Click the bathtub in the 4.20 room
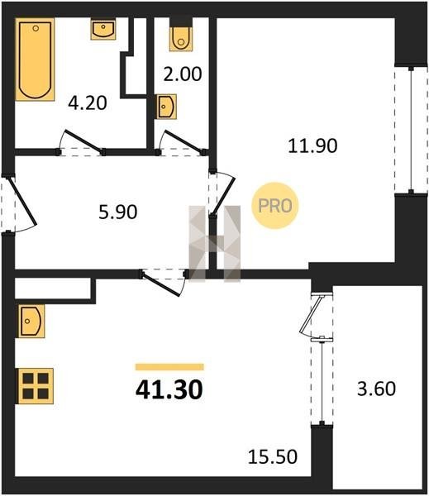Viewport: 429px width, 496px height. [x=35, y=60]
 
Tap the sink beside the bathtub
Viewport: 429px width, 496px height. [x=103, y=29]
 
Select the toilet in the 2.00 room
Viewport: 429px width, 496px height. [x=181, y=35]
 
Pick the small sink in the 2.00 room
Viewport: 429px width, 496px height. [x=166, y=107]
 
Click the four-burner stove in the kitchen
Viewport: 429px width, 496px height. [x=36, y=385]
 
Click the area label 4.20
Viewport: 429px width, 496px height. [x=88, y=103]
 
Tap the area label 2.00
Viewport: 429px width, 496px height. [x=182, y=74]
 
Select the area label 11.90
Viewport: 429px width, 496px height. [x=312, y=145]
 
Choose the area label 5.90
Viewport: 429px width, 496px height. [x=118, y=212]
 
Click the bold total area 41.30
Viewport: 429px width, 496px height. [x=169, y=389]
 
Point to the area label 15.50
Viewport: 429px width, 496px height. [x=273, y=457]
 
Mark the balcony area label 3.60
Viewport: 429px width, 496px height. [x=376, y=389]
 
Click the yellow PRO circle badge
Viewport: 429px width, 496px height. [x=275, y=206]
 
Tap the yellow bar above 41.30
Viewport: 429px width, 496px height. [x=169, y=367]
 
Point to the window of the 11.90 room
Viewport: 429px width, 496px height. [x=411, y=130]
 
